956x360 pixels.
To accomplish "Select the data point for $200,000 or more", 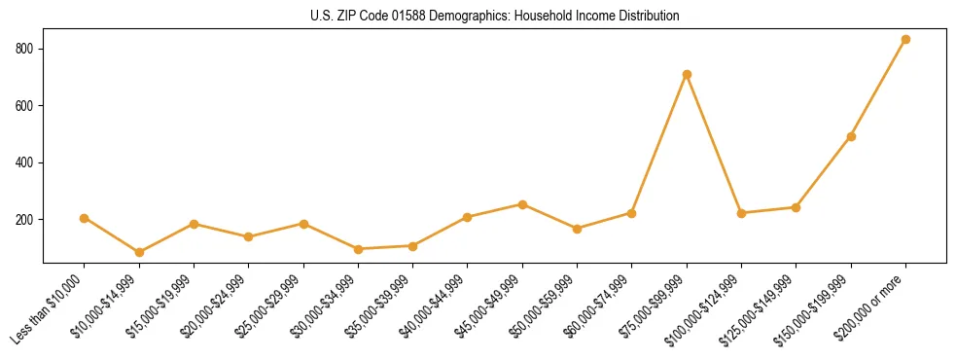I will click(905, 40).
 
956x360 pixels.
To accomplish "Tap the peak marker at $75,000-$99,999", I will click(687, 74).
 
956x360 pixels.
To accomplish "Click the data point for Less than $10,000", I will click(85, 218).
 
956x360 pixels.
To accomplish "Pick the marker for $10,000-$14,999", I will click(139, 252).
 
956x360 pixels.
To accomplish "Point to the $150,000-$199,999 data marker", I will click(851, 136).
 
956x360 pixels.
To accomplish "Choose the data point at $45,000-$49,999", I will click(522, 204).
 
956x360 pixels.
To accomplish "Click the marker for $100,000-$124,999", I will click(741, 213).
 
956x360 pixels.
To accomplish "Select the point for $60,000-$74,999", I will click(632, 213).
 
